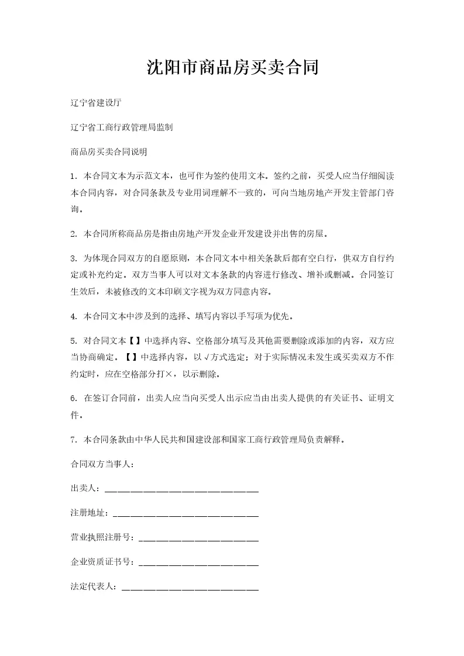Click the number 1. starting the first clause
click(x=73, y=175)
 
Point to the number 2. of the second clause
click(x=73, y=234)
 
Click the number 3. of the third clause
click(x=73, y=258)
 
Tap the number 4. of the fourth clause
click(x=73, y=317)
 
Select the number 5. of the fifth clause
click(x=73, y=341)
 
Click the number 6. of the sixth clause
click(x=73, y=399)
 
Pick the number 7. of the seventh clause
click(x=73, y=439)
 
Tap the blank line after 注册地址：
click(x=185, y=513)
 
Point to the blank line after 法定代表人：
click(x=190, y=587)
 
